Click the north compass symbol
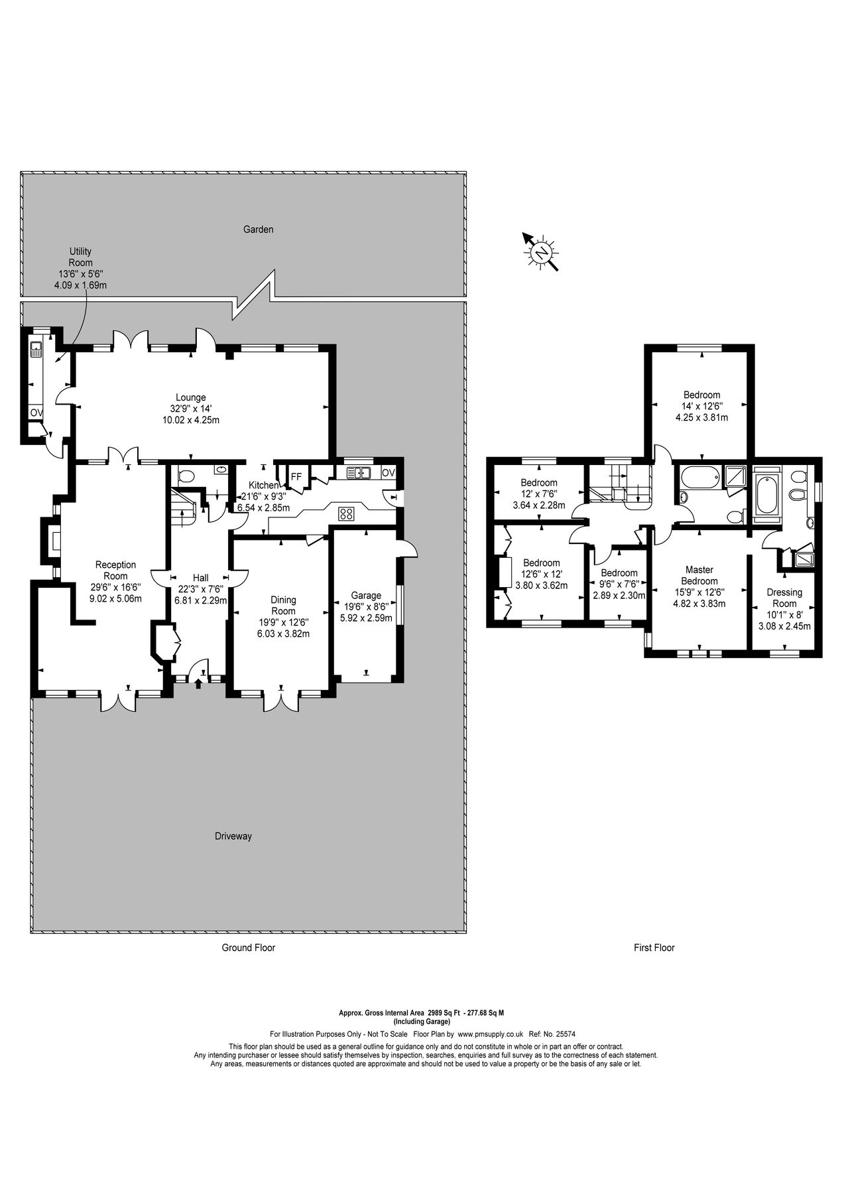[541, 252]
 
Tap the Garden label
[258, 230]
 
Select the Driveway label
[233, 836]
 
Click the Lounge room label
[190, 398]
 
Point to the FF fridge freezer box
[296, 477]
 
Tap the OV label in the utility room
[36, 413]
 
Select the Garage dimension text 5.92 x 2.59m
[366, 618]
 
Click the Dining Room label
[283, 606]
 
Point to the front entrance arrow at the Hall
[199, 683]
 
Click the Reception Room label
[116, 570]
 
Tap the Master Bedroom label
[699, 575]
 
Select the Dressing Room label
[784, 598]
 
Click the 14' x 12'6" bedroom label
[701, 395]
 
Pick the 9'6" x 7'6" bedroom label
[619, 573]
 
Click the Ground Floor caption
[248, 948]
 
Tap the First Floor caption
[654, 948]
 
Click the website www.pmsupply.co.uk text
[491, 1034]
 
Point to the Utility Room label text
[80, 257]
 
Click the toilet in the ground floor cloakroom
[186, 475]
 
